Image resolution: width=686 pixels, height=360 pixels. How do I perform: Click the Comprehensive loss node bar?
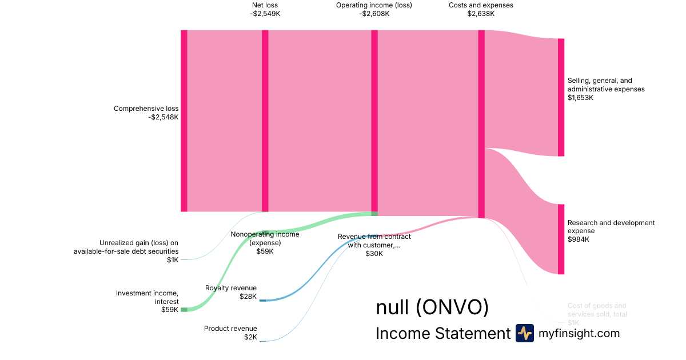pyautogui.click(x=184, y=121)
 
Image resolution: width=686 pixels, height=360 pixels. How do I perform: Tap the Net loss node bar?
pyautogui.click(x=265, y=121)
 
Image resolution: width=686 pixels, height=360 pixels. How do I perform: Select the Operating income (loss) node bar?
pyautogui.click(x=374, y=122)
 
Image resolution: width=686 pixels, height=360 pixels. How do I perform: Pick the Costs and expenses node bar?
pyautogui.click(x=481, y=123)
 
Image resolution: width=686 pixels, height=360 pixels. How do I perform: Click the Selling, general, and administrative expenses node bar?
pyautogui.click(x=561, y=97)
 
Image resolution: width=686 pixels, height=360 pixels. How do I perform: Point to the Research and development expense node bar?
pyautogui.click(x=561, y=239)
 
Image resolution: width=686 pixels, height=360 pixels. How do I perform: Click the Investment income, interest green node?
pyautogui.click(x=184, y=310)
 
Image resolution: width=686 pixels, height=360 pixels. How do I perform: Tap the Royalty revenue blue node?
pyautogui.click(x=262, y=300)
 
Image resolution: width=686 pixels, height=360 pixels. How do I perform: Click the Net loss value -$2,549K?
pyautogui.click(x=265, y=14)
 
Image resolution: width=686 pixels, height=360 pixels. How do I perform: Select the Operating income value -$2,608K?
pyautogui.click(x=374, y=14)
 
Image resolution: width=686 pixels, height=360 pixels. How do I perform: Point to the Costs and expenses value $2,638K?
pyautogui.click(x=481, y=14)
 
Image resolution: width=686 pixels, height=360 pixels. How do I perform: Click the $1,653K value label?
pyautogui.click(x=581, y=98)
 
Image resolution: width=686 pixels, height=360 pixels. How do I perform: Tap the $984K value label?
pyautogui.click(x=578, y=239)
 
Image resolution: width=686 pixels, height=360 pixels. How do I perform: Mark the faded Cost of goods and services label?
pyautogui.click(x=597, y=310)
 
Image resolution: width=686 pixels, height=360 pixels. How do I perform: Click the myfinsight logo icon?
pyautogui.click(x=524, y=333)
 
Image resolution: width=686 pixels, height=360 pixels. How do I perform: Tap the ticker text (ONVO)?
pyautogui.click(x=452, y=307)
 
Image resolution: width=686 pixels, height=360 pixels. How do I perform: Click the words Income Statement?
pyautogui.click(x=442, y=334)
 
